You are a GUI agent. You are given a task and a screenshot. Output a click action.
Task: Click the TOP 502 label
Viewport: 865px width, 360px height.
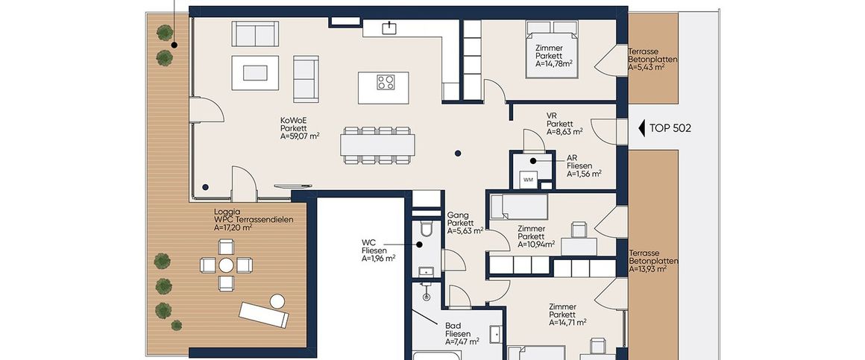pos(670,128)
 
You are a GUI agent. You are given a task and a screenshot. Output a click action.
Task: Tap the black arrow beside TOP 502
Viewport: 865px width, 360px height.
pos(641,128)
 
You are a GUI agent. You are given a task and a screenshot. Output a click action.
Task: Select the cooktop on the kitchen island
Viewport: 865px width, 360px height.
pos(386,82)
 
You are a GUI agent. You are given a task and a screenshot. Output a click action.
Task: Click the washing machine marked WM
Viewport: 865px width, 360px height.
pos(528,180)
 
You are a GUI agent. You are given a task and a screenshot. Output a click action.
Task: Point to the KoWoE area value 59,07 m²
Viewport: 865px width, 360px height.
pos(300,136)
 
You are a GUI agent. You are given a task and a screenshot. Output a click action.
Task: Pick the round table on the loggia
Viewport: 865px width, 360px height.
pos(226,265)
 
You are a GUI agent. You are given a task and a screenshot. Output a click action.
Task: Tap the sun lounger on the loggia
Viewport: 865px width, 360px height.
pos(264,315)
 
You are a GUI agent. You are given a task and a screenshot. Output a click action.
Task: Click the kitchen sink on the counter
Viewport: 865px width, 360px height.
pos(390,27)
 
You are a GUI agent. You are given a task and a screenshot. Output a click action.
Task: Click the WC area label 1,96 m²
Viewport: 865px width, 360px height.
pos(379,258)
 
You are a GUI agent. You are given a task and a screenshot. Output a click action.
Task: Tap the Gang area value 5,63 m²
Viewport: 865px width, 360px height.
pos(465,231)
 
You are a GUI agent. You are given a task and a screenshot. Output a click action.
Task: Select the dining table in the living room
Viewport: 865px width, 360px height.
pos(378,145)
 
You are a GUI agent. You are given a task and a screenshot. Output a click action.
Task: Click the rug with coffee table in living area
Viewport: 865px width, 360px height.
pos(255,73)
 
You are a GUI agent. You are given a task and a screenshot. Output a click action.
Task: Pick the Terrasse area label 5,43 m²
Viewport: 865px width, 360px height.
pos(646,67)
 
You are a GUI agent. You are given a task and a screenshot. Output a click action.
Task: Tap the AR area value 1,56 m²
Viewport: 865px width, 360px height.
pos(584,173)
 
